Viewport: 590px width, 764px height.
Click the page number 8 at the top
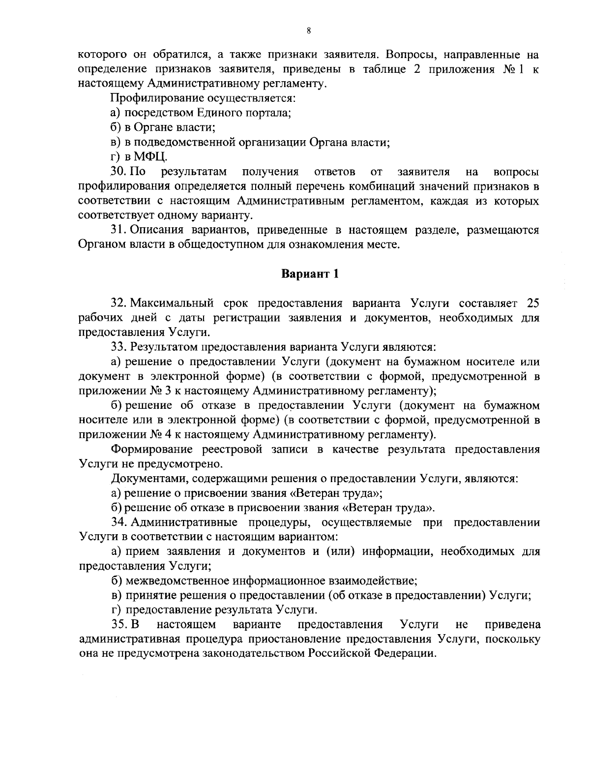pos(308,31)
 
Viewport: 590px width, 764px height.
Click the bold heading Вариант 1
pos(310,274)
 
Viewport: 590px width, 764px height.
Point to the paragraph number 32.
pos(120,302)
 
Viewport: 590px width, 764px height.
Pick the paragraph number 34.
pos(120,522)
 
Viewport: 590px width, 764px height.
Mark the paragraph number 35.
pos(120,624)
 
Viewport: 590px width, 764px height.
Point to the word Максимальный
pos(175,302)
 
